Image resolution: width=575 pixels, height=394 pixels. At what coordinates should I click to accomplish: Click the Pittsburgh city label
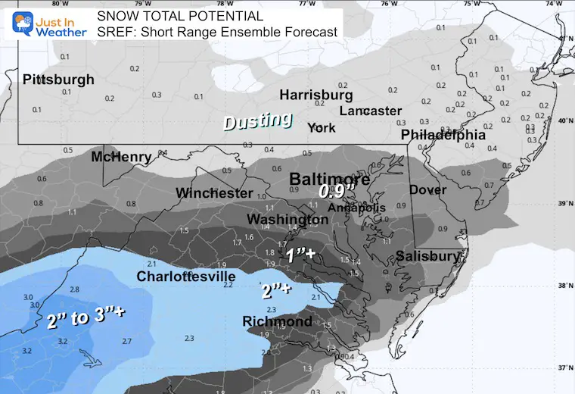(58, 80)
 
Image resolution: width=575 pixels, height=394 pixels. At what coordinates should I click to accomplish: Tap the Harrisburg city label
(315, 95)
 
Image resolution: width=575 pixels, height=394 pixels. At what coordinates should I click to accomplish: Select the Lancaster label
(370, 111)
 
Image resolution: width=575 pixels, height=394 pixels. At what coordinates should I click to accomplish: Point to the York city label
(322, 127)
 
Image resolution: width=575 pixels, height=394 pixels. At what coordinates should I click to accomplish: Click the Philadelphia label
(443, 135)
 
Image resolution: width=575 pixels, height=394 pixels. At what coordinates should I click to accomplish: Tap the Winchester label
(214, 193)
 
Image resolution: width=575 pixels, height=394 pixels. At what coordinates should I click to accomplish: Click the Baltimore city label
(330, 180)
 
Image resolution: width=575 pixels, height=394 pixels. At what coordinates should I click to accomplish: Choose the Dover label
(427, 189)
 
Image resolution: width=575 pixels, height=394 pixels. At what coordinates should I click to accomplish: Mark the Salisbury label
(428, 256)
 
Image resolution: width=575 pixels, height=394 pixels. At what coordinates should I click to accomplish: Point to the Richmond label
(277, 322)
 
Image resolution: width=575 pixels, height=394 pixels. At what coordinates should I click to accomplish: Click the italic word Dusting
(257, 120)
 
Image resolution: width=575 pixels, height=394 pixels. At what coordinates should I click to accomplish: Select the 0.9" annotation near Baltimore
(334, 192)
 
